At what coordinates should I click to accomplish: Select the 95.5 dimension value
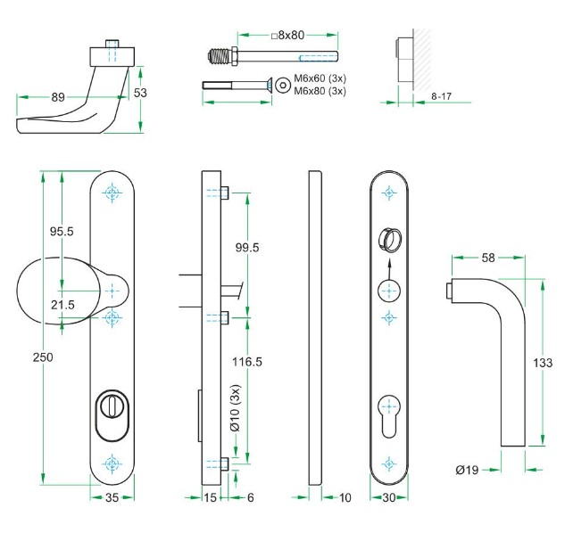(61, 231)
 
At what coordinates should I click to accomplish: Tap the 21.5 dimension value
(62, 306)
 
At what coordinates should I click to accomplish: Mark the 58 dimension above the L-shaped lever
(488, 258)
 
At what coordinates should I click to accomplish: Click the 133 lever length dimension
(541, 364)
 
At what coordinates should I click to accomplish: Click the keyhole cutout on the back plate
(388, 412)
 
